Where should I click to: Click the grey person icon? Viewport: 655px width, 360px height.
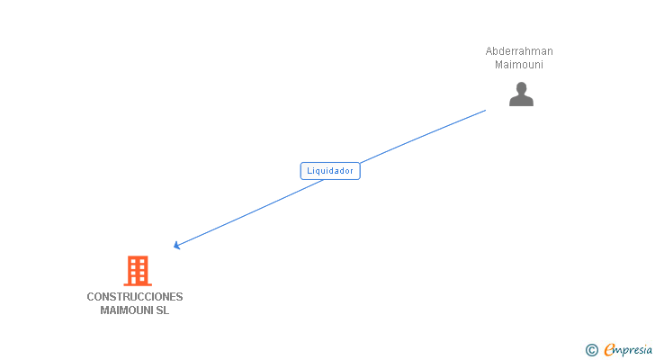[x=521, y=94]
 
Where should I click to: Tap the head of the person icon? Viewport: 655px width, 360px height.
[x=521, y=88]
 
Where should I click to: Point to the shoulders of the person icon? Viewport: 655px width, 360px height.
[x=521, y=101]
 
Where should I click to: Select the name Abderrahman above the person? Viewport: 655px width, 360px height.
[x=519, y=51]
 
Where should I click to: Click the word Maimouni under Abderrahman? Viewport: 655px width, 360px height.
[x=519, y=65]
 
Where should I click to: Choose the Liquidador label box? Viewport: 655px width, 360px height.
[x=330, y=170]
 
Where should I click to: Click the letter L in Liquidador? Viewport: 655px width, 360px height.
[x=310, y=170]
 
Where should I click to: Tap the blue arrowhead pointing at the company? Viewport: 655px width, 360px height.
[x=177, y=245]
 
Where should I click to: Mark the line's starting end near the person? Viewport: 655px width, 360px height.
[x=484, y=111]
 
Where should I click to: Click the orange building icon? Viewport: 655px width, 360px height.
[x=137, y=270]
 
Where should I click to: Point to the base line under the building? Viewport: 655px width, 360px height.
[x=137, y=284]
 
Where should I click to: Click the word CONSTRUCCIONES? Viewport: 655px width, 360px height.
[x=135, y=297]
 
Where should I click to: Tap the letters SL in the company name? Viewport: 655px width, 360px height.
[x=162, y=310]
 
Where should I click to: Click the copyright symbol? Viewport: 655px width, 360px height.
[x=591, y=350]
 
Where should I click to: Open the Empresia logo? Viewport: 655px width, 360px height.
[x=628, y=349]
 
